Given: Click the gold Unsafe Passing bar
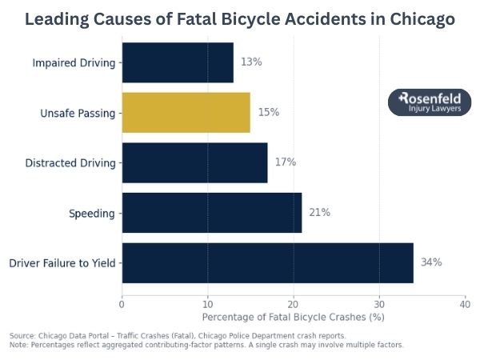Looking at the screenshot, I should click(x=186, y=113).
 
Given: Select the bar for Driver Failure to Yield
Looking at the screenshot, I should click(x=267, y=262).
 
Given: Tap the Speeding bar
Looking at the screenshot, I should click(x=211, y=213).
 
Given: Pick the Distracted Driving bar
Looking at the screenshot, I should click(x=194, y=162).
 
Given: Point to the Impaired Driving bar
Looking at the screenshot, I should click(x=177, y=62).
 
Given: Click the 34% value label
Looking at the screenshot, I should click(x=431, y=262).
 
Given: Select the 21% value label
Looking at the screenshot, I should click(x=319, y=213).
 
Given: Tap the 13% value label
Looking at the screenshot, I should click(x=250, y=62).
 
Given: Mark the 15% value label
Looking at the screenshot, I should click(x=268, y=113).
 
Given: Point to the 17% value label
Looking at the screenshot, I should click(x=285, y=162).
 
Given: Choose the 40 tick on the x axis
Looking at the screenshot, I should click(x=465, y=304).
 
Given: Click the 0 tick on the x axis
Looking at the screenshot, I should click(x=122, y=304).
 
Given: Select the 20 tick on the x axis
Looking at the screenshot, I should click(x=293, y=304).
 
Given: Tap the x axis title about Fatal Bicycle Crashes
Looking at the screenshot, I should click(x=293, y=318).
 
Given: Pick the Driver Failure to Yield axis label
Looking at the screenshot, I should click(x=62, y=262).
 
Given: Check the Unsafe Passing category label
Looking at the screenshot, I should click(x=78, y=113).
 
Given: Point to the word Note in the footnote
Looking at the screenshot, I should click(x=18, y=345).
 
